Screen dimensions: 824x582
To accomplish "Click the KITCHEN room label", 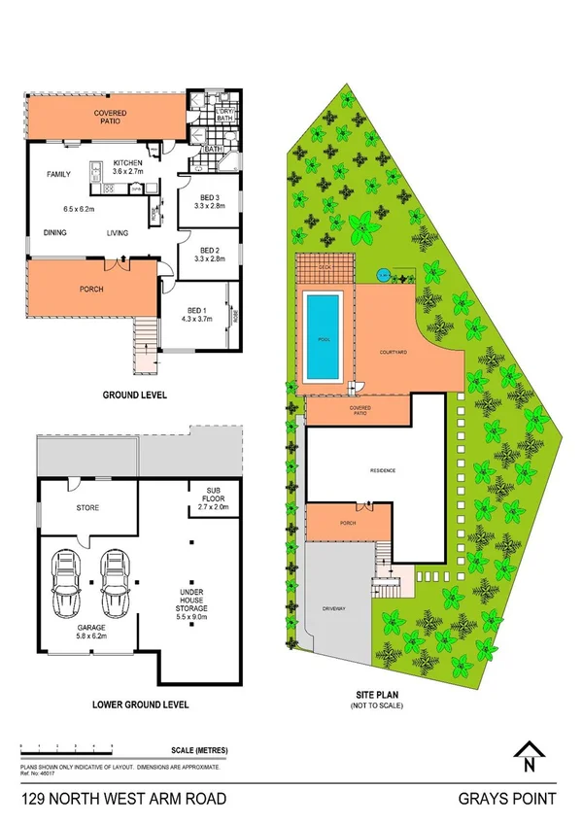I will coord(128,161).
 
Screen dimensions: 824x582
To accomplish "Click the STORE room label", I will coord(88,507).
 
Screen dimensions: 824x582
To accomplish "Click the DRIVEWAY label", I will coord(334,608).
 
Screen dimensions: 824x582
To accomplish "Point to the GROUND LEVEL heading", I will coord(134,395).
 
